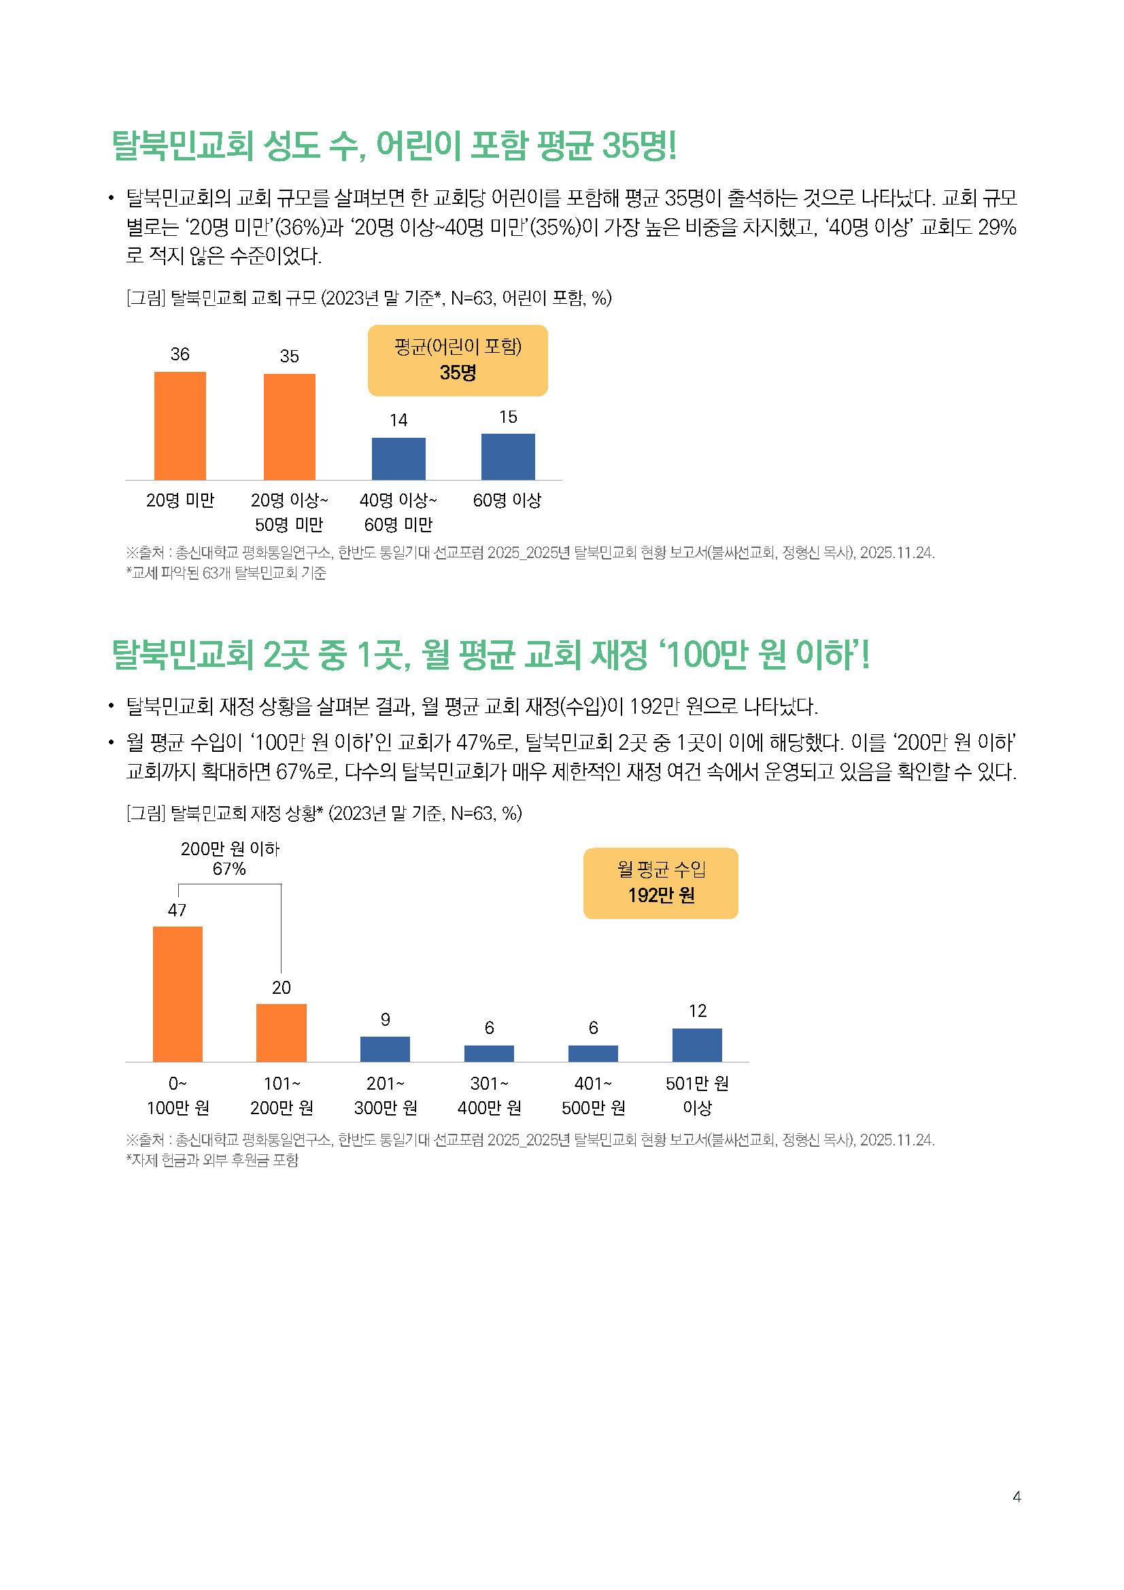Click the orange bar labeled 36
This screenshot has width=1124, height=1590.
pos(180,426)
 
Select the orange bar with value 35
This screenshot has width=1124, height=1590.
pos(290,427)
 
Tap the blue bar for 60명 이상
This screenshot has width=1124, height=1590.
pos(508,456)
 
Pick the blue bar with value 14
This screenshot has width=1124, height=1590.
pos(398,458)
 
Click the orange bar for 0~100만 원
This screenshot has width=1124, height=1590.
pos(177,994)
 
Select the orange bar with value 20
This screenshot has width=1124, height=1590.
pos(282,1033)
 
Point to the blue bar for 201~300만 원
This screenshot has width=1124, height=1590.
pos(385,1049)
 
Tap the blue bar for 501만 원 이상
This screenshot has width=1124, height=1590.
pos(697,1045)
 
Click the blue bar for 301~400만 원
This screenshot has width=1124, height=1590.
pos(489,1053)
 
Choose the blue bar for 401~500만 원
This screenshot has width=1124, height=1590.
pos(593,1053)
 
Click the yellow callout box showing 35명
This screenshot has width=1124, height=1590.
pos(458,361)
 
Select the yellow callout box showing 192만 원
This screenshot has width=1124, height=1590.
pos(661,884)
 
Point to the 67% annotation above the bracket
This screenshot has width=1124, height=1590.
pos(229,869)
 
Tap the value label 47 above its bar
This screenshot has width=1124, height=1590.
pos(177,910)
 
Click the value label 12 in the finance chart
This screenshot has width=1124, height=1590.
pos(698,1011)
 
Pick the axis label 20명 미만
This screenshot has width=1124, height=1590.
pos(180,500)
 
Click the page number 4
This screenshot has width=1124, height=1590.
pos(1017,1496)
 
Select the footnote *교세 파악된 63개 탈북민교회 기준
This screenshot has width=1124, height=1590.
pos(226,572)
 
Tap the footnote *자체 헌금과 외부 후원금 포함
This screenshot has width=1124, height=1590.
pos(212,1160)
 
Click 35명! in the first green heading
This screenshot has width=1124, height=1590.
pos(639,145)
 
